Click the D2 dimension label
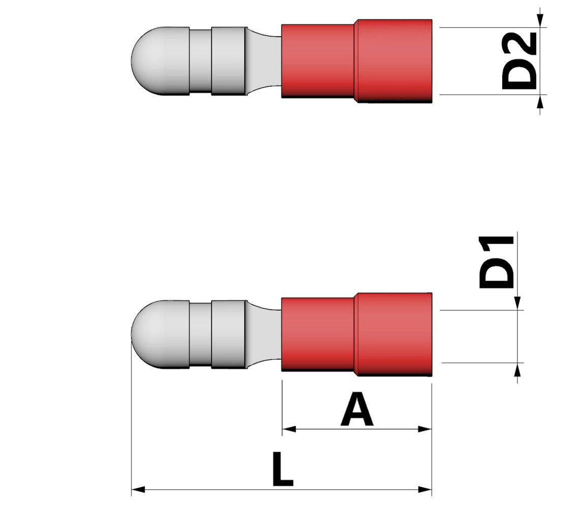(x=519, y=61)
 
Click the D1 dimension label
(x=497, y=262)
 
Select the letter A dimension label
(x=357, y=410)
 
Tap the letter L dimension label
(x=282, y=470)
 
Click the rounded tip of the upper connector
(x=147, y=61)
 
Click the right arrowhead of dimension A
(x=425, y=429)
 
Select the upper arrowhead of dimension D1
(x=517, y=303)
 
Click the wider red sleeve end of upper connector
(x=394, y=61)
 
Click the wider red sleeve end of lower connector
(x=394, y=334)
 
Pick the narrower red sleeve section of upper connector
(x=318, y=61)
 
